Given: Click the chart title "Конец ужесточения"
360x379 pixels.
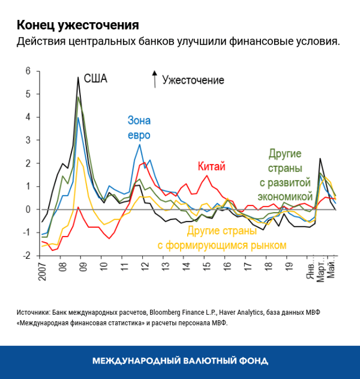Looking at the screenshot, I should pyautogui.click(x=77, y=25).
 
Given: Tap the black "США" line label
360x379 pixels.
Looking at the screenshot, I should pyautogui.click(x=95, y=79).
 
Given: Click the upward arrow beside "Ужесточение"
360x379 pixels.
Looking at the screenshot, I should pyautogui.click(x=154, y=79).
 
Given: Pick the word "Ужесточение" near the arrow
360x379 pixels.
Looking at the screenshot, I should pyautogui.click(x=193, y=80).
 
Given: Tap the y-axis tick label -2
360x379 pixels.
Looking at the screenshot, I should pyautogui.click(x=26, y=256).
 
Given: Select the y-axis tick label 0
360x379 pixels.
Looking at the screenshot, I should pyautogui.click(x=28, y=210).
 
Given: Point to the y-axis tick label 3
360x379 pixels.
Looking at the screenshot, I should pyautogui.click(x=28, y=141).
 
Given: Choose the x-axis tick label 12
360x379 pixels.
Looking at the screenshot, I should pyautogui.click(x=144, y=265).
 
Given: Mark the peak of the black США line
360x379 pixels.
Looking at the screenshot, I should pyautogui.click(x=78, y=77).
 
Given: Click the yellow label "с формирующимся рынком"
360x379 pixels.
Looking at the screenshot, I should pyautogui.click(x=222, y=244).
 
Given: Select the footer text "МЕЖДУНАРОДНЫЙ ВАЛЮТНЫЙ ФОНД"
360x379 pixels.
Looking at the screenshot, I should pyautogui.click(x=180, y=361).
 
